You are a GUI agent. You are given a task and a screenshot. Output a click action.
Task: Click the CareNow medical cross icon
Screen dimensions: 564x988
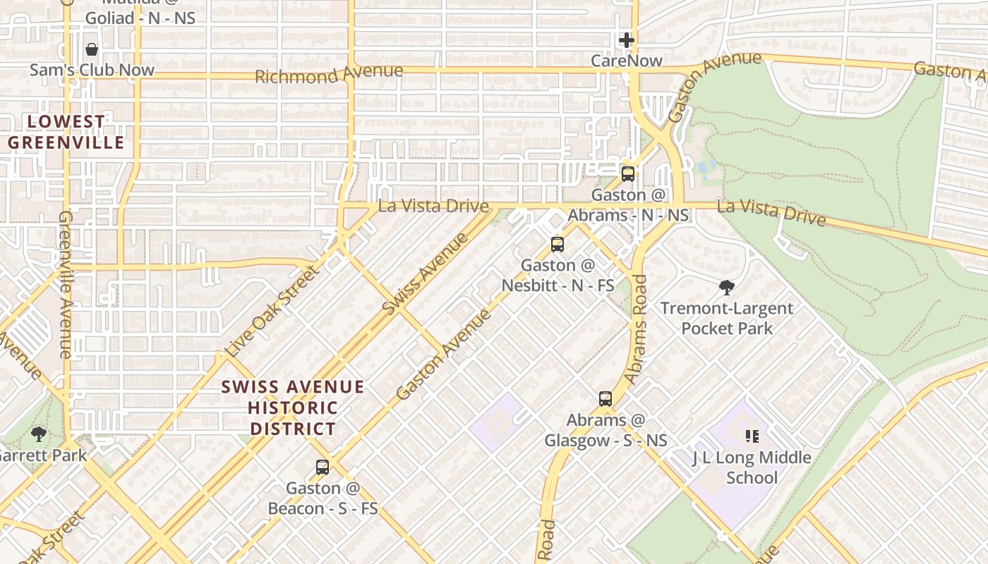(x=626, y=40)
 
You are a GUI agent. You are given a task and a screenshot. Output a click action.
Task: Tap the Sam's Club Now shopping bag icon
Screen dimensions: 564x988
(x=91, y=49)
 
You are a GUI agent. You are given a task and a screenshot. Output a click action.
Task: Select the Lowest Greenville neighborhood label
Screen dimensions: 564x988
(x=66, y=132)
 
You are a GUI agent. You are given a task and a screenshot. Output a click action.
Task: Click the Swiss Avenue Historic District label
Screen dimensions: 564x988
(x=293, y=407)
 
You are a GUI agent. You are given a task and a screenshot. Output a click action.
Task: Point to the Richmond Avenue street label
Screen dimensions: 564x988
(x=329, y=73)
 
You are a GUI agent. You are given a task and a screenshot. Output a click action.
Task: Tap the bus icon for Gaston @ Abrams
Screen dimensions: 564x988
(x=627, y=173)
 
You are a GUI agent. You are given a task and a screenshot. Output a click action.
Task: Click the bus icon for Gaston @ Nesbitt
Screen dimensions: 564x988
(x=558, y=245)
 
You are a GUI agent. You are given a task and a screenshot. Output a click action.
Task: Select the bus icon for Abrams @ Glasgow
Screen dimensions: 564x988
(x=606, y=399)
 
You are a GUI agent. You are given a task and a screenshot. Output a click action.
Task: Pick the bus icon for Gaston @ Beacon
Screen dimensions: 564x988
(x=323, y=467)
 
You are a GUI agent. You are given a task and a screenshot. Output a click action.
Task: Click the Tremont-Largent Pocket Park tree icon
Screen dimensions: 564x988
(x=727, y=287)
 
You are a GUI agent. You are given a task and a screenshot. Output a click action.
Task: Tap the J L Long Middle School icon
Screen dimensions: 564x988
(x=752, y=436)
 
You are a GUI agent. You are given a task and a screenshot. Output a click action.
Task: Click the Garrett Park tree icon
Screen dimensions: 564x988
(x=39, y=434)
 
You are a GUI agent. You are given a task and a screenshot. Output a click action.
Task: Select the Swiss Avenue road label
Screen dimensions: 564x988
(x=425, y=274)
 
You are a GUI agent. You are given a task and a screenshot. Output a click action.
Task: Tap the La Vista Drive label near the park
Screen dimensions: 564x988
(x=771, y=211)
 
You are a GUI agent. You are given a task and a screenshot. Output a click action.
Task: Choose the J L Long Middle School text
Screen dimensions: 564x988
(x=752, y=467)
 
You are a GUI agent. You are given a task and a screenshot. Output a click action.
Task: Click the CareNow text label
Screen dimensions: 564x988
(x=627, y=61)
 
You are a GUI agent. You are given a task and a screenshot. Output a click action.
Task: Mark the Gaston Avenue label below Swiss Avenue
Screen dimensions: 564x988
(x=443, y=354)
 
